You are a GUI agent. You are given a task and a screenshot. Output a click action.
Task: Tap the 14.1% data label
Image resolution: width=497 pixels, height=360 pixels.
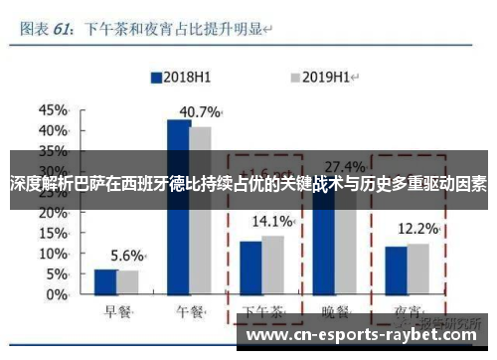click(x=271, y=220)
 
